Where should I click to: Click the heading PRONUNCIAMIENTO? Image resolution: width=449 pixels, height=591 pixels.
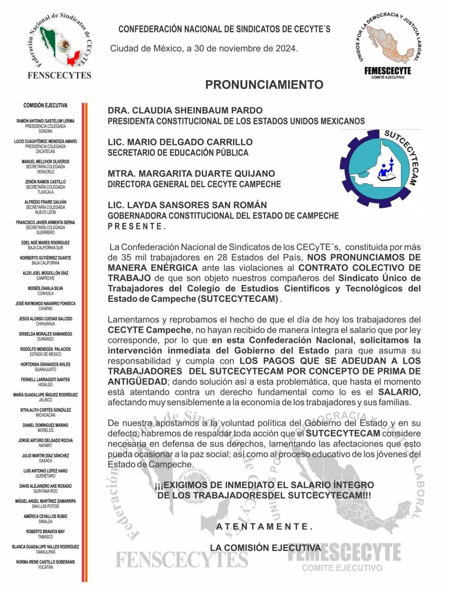click(x=264, y=85)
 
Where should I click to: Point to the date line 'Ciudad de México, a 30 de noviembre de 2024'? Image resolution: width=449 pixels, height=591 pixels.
click(x=204, y=49)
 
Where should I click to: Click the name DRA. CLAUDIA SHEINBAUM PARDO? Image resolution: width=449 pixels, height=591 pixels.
click(x=185, y=111)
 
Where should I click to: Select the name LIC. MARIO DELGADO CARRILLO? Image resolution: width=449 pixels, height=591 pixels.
click(x=180, y=142)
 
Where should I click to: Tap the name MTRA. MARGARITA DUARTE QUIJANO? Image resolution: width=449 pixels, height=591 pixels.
click(x=191, y=173)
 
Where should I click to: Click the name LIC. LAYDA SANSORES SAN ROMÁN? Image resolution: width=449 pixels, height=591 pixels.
click(x=187, y=205)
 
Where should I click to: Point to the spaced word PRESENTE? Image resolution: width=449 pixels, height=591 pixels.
click(x=137, y=227)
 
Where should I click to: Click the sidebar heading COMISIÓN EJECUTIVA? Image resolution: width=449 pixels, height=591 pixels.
click(x=45, y=106)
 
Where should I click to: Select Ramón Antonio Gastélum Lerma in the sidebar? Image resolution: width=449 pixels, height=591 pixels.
click(x=45, y=121)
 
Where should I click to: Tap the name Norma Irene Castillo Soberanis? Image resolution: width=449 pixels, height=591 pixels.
click(x=45, y=562)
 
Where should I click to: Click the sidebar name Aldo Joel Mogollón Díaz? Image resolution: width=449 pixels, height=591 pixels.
click(x=45, y=273)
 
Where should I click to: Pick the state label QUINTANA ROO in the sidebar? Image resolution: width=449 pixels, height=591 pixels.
click(x=45, y=491)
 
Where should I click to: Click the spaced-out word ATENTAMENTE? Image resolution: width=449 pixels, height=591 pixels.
click(x=264, y=527)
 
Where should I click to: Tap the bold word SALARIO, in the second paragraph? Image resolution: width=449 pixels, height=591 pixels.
click(x=399, y=392)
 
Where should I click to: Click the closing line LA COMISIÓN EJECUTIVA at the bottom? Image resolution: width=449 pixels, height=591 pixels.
click(x=265, y=548)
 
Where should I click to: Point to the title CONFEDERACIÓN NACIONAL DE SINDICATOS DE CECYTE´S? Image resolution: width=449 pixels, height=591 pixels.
click(x=224, y=29)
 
